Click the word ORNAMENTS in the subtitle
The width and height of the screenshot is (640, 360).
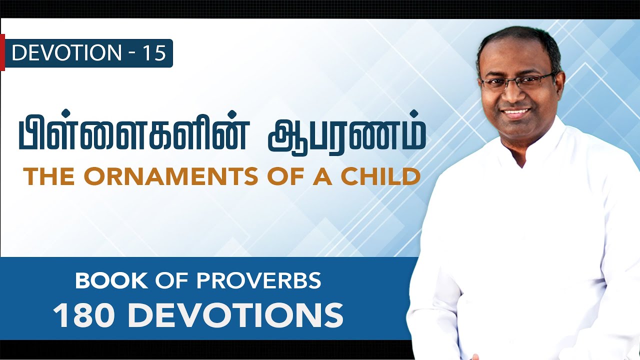(x=160, y=177)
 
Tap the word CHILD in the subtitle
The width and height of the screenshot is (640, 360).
(x=383, y=177)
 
